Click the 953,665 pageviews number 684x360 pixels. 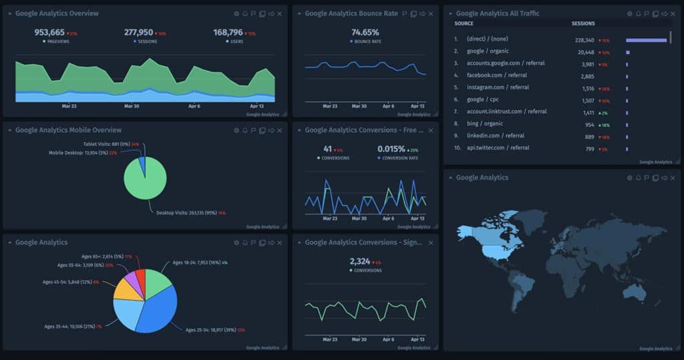click(x=49, y=32)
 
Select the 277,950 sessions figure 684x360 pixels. click(x=138, y=32)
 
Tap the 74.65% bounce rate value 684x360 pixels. click(x=365, y=32)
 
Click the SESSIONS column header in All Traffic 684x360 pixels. click(x=583, y=24)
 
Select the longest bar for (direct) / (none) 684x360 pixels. click(x=646, y=40)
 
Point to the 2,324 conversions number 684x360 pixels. click(x=361, y=261)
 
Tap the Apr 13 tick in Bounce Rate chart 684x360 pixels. click(x=417, y=106)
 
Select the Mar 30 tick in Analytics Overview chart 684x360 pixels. click(x=132, y=106)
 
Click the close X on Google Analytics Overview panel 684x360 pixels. click(x=279, y=14)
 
